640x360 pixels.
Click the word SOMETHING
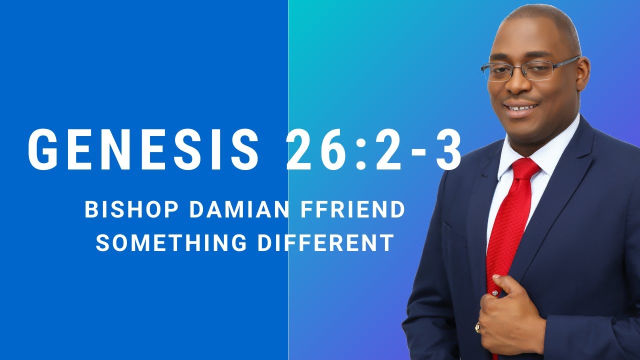coord(171,242)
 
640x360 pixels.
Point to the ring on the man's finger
coord(477,328)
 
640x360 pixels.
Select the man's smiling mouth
coord(521,107)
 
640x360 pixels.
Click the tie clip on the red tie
coord(495,292)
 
